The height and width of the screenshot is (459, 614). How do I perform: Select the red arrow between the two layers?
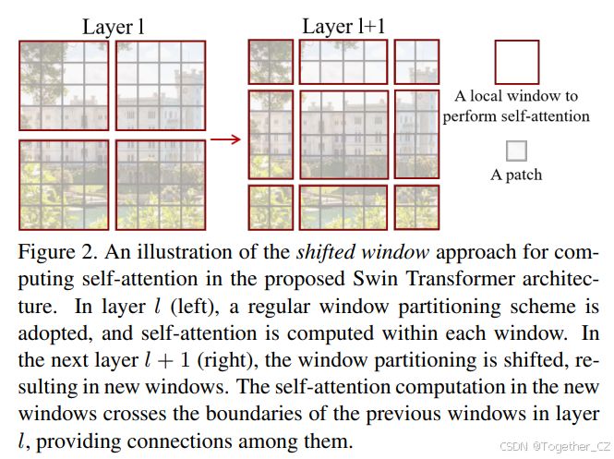click(x=225, y=139)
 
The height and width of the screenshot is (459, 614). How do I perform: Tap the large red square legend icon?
click(x=516, y=62)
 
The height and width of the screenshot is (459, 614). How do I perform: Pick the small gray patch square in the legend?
click(x=516, y=151)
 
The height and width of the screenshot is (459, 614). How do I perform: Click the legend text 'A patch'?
click(x=516, y=174)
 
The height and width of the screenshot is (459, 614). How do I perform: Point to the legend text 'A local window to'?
click(x=516, y=96)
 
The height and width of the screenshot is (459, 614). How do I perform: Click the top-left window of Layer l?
click(x=64, y=86)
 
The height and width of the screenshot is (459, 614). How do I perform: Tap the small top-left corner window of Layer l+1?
click(x=270, y=62)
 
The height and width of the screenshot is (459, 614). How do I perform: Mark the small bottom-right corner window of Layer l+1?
click(x=415, y=207)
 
